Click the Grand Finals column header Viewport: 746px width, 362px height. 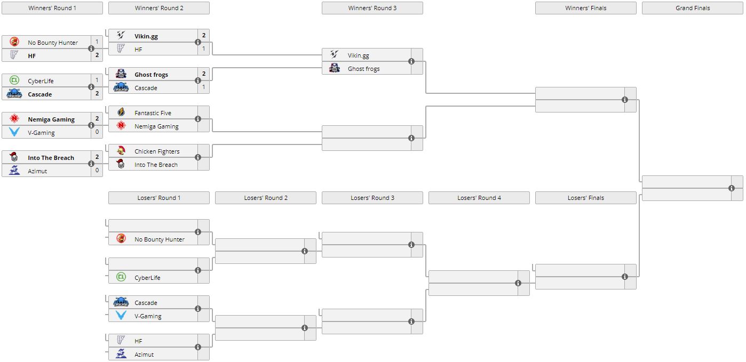point(692,8)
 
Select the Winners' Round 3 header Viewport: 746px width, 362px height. point(372,8)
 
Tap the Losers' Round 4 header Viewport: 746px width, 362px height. point(479,198)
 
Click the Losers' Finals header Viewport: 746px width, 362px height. point(585,198)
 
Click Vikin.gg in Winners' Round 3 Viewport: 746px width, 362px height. point(358,55)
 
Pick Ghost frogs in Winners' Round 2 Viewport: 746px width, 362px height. point(151,75)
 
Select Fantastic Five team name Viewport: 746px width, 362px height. point(153,113)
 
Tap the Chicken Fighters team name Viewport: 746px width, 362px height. point(157,151)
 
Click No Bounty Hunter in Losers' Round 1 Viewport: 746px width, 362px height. point(159,239)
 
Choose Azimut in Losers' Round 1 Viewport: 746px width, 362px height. point(144,355)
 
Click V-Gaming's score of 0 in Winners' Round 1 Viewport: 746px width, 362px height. point(97,133)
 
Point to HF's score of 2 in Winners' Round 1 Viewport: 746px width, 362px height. point(97,55)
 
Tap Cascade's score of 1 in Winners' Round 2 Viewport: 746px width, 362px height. point(203,87)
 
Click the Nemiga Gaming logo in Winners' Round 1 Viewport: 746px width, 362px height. point(14,119)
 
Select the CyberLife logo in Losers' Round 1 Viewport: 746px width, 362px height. point(121,277)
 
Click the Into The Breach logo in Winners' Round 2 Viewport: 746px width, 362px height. point(121,165)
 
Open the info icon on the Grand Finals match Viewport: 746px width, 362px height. point(732,188)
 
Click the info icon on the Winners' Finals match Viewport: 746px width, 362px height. point(625,100)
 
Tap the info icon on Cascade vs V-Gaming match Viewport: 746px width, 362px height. point(198,309)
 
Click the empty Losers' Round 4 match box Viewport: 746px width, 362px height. point(472,283)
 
